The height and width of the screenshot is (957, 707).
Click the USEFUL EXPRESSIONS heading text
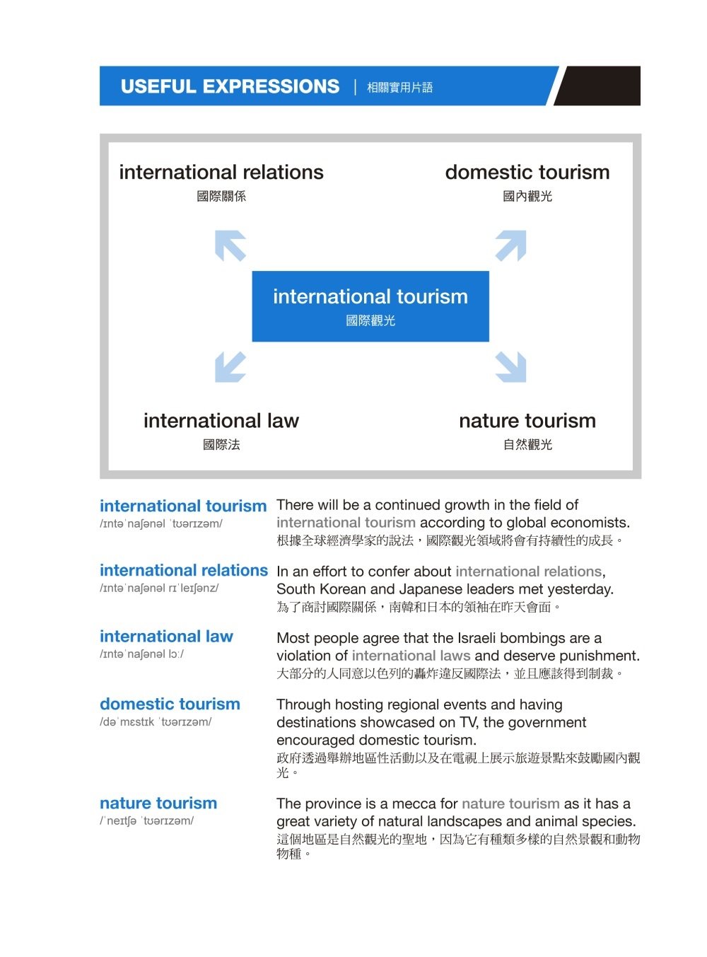click(230, 86)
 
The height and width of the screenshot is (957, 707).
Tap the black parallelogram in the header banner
click(596, 86)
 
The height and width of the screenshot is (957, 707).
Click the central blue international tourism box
click(370, 306)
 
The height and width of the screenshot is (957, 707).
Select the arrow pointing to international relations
click(230, 245)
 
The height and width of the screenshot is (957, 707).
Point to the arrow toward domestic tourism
click(510, 245)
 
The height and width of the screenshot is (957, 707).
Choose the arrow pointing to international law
click(230, 367)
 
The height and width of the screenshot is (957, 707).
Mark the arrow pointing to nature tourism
click(510, 367)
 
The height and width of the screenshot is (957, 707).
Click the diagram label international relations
click(221, 172)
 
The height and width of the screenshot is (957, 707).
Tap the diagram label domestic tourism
click(527, 172)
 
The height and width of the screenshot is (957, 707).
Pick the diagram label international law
click(221, 420)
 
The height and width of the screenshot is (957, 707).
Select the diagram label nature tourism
click(527, 420)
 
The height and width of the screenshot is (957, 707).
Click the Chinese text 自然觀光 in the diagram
click(527, 444)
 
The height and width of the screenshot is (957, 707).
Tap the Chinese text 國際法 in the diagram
click(221, 444)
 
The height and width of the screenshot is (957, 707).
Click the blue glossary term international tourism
click(183, 505)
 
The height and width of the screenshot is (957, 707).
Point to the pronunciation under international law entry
click(141, 654)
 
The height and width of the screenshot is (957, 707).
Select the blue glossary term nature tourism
click(158, 803)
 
